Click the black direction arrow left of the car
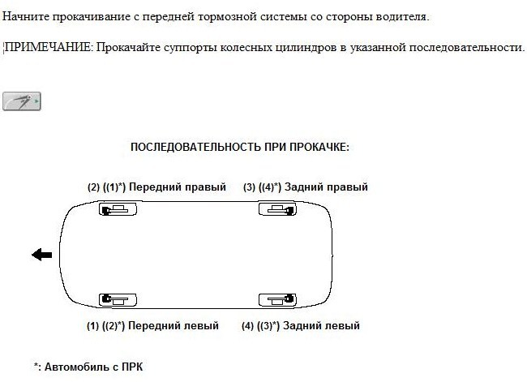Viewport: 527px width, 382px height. tap(41, 255)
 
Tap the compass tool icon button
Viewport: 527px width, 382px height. tap(22, 101)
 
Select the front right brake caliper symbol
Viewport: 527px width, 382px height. tap(118, 209)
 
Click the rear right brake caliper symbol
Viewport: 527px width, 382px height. tap(277, 209)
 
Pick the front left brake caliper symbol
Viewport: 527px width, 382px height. tap(118, 300)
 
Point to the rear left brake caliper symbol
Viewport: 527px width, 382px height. tap(277, 300)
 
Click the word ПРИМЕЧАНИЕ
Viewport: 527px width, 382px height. tap(48, 47)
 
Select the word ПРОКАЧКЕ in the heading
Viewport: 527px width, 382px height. tap(319, 147)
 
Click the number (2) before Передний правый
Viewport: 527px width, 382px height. tap(94, 187)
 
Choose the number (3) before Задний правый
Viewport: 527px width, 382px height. tap(250, 187)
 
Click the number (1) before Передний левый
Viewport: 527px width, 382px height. tap(92, 325)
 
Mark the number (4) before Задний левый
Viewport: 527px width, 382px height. tap(248, 325)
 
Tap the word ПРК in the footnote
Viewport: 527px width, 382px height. tap(132, 367)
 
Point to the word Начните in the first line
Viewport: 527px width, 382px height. tap(26, 16)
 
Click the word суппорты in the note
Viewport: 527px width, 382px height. tap(190, 48)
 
